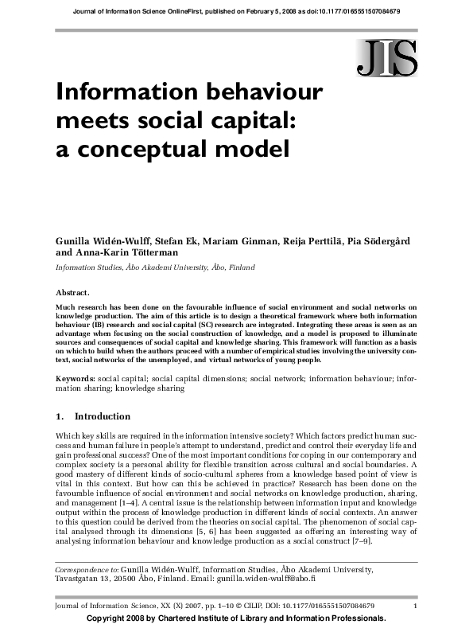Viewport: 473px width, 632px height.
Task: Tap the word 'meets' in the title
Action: [x=89, y=119]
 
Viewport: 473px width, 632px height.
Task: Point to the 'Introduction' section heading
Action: [x=102, y=416]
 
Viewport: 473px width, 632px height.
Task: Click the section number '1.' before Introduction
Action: [x=60, y=416]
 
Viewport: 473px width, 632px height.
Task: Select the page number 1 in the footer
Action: [x=416, y=607]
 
